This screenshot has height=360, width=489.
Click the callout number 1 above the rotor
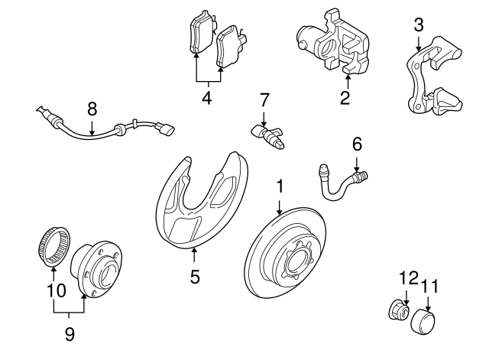point(280,186)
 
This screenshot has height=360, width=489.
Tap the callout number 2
point(345,98)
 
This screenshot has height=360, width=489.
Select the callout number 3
point(418,24)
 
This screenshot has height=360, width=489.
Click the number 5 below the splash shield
point(195,277)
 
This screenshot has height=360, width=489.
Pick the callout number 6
point(356,144)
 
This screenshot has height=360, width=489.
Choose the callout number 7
point(264,99)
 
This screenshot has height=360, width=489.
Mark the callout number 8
point(92,109)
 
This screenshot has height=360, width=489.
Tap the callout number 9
point(70,333)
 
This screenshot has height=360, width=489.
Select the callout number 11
point(430,287)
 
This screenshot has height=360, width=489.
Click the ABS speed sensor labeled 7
point(267,135)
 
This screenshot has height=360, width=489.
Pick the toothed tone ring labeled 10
point(51,245)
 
